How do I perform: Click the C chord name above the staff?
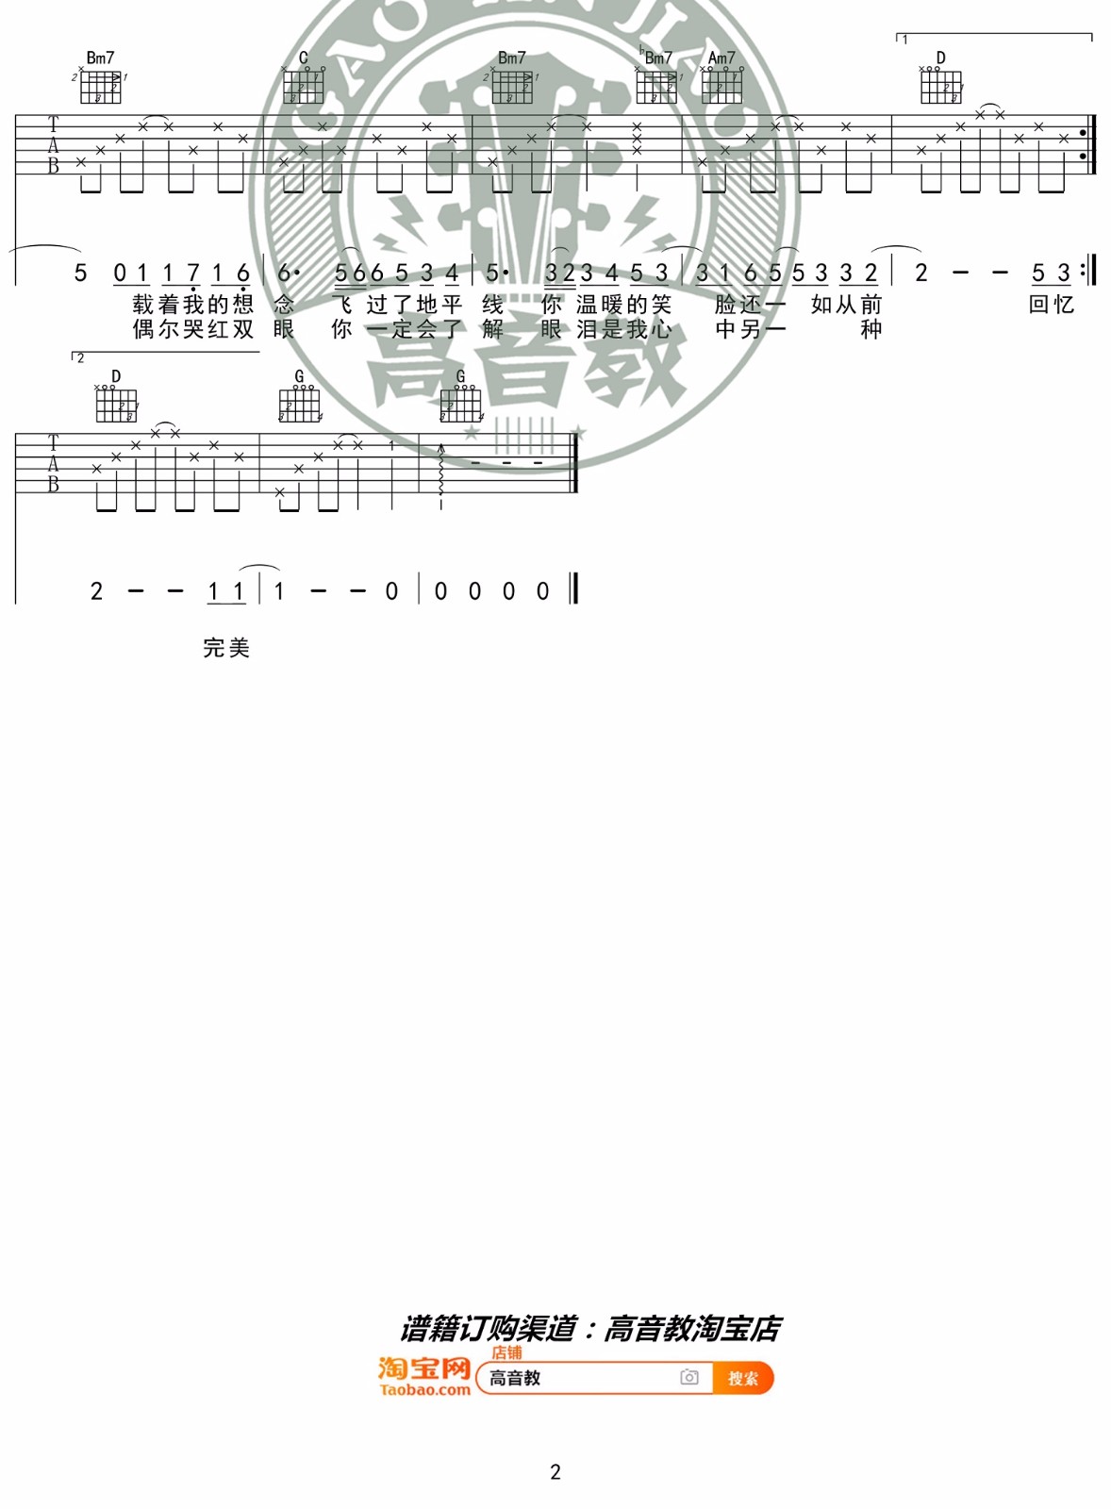point(304,58)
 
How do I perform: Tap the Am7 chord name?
point(721,58)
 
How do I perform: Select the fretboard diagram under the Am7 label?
point(722,87)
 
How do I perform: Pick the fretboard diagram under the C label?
point(304,87)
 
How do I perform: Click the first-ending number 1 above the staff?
point(905,40)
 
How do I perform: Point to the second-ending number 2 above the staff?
point(81,358)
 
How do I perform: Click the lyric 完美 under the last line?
point(226,648)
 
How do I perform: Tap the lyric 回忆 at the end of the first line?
point(1052,304)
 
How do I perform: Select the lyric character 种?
point(871,329)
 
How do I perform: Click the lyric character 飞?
point(341,304)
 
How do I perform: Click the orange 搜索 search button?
point(743,1378)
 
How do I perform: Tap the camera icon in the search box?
point(689,1378)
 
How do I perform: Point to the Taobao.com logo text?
point(424,1390)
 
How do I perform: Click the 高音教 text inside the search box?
point(515,1378)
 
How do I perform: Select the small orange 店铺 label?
point(506,1352)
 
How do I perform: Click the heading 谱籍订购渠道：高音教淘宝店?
point(590,1329)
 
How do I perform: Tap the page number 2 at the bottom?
point(555,1471)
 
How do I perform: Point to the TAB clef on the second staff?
point(53,463)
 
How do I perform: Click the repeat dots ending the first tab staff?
point(1083,144)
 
